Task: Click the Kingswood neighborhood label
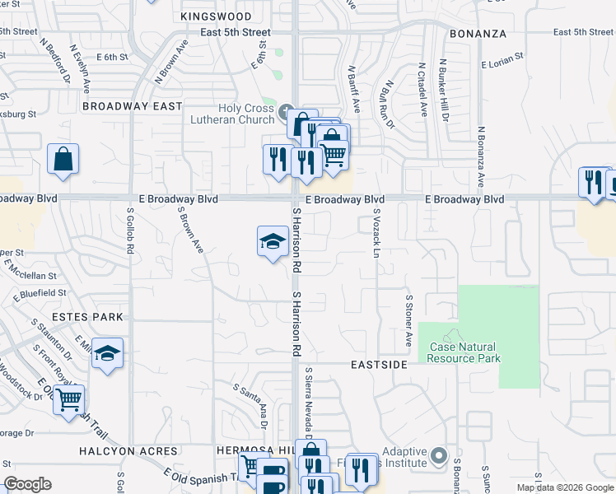pos(216,16)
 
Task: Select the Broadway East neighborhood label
pos(133,106)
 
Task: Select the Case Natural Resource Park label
pos(464,352)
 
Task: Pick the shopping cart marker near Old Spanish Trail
pos(70,400)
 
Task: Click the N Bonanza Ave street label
pos(481,156)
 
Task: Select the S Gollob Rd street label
pos(130,228)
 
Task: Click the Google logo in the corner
pos(27,484)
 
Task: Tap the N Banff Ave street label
pos(354,89)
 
